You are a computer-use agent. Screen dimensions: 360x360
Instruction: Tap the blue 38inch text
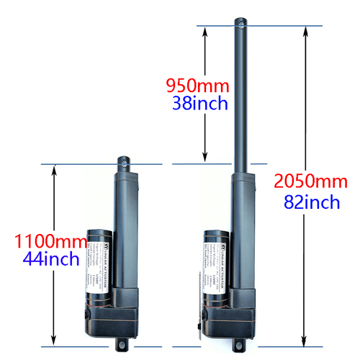click(200, 104)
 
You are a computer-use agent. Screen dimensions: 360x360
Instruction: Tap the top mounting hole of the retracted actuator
click(128, 163)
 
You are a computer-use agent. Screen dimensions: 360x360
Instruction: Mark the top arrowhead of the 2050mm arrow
click(305, 30)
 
